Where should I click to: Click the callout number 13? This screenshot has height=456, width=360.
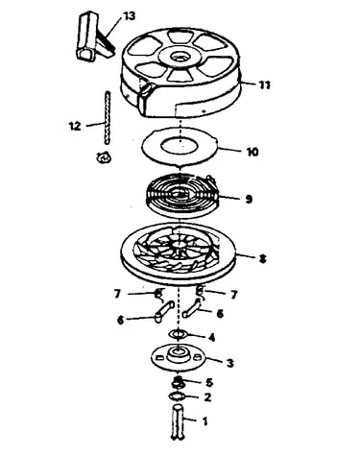click(129, 16)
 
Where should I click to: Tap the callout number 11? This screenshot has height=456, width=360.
click(264, 84)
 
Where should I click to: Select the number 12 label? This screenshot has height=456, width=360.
click(75, 126)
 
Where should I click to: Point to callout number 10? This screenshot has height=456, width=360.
click(252, 152)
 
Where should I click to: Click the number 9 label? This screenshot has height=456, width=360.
click(249, 199)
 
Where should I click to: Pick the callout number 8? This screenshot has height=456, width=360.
click(262, 259)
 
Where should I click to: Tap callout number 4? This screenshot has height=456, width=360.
click(211, 337)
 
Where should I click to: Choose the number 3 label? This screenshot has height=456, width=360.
click(229, 363)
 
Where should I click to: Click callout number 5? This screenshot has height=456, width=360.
click(209, 382)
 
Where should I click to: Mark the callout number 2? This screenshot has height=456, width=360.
click(207, 397)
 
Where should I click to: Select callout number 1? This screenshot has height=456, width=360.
click(205, 421)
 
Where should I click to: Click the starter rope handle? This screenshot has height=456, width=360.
click(94, 36)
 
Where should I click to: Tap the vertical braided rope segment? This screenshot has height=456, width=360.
click(108, 118)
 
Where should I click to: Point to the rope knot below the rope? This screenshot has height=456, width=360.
click(104, 157)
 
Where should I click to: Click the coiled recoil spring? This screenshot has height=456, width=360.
click(181, 194)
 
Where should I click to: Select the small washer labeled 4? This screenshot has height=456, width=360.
click(179, 334)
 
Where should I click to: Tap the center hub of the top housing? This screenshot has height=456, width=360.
click(180, 57)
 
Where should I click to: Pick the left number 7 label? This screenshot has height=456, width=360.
click(117, 294)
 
